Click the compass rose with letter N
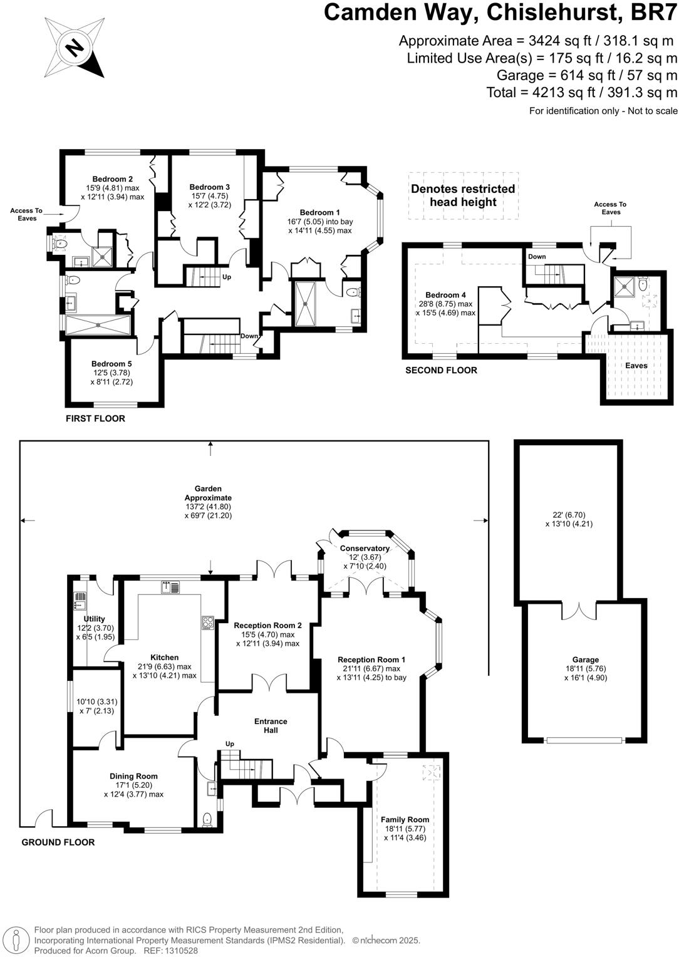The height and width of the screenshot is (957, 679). tap(75, 48)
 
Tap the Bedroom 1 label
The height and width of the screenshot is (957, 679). tap(319, 212)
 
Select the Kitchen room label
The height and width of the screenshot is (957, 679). tap(164, 658)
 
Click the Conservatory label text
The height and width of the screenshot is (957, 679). tap(365, 548)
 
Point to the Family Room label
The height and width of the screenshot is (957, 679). tap(405, 819)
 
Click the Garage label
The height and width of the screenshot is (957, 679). tap(585, 660)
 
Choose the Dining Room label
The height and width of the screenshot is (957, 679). tap(133, 776)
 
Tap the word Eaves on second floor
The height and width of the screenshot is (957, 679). tap(636, 365)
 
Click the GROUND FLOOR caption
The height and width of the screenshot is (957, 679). tap(58, 842)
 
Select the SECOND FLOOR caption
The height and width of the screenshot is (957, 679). tap(441, 370)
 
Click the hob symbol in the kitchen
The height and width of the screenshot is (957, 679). tap(207, 623)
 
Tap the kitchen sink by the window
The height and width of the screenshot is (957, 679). tap(170, 587)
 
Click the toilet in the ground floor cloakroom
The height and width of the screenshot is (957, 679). tap(207, 819)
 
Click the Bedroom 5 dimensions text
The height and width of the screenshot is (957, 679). tap(111, 377)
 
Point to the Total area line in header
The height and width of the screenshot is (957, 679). tap(581, 93)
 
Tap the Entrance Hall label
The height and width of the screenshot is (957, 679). tap(271, 726)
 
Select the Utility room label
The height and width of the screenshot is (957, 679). tap(95, 619)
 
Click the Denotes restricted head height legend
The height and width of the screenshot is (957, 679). tap(462, 195)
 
